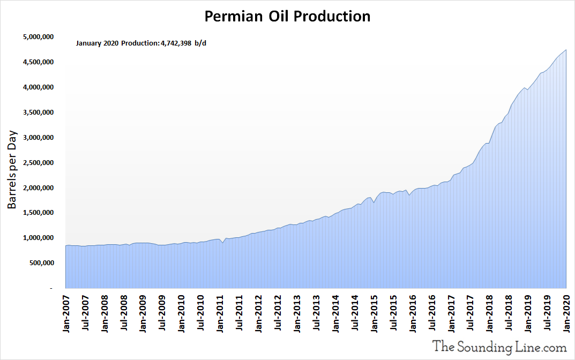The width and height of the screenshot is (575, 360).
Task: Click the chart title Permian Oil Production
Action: (x=287, y=17)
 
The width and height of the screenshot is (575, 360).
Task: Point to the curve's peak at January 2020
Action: (x=566, y=50)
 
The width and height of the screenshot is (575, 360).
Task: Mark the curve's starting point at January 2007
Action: (x=66, y=245)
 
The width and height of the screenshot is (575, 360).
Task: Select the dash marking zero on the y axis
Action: (x=51, y=289)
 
